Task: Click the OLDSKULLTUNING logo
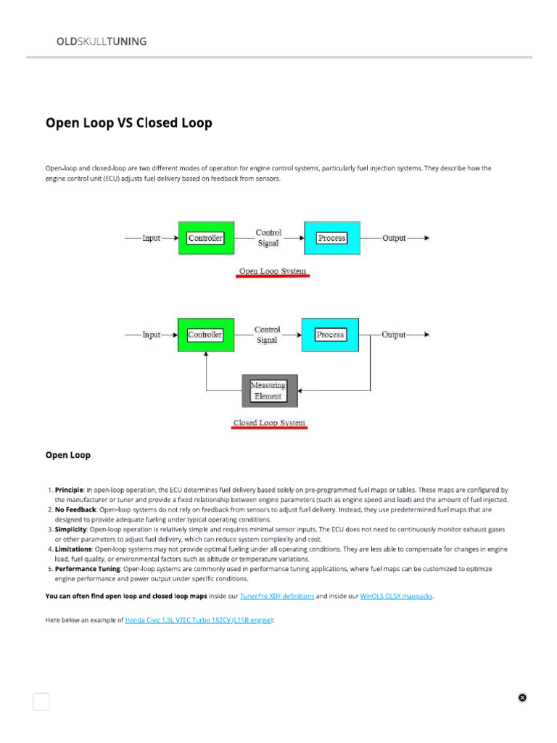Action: coord(102,41)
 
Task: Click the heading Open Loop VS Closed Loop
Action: coord(129,123)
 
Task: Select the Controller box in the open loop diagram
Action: coord(206,238)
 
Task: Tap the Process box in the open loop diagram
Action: coord(331,238)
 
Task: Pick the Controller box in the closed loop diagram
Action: coord(205,334)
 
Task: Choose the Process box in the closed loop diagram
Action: coord(329,334)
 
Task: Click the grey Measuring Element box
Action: coord(268,391)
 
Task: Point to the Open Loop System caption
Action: coord(273,272)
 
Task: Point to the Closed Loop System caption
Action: coord(269,423)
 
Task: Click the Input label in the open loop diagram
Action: coord(152,238)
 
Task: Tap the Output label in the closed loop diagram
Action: coord(394,334)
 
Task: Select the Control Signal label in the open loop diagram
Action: coord(268,238)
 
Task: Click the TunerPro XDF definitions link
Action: coord(277,596)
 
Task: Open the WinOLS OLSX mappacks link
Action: coord(397,596)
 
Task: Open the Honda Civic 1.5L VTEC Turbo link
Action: coord(199,620)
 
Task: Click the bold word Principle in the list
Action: coord(70,490)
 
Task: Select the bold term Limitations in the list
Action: coord(73,549)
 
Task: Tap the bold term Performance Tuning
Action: coord(88,569)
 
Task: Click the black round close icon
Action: coord(522,697)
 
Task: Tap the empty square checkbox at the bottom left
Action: coord(41,701)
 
